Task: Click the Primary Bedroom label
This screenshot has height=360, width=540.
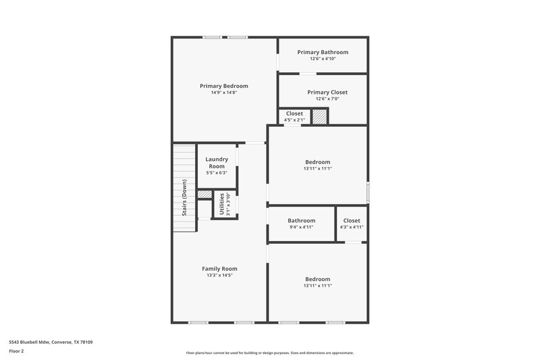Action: click(x=223, y=86)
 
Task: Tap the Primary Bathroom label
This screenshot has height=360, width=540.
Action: click(x=323, y=52)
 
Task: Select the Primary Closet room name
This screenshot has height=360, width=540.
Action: click(x=323, y=92)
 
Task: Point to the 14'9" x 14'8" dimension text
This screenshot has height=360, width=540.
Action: click(x=223, y=93)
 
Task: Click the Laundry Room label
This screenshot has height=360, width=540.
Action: click(x=217, y=163)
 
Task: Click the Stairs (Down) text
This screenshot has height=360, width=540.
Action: click(x=184, y=199)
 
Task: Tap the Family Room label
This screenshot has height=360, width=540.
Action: click(x=221, y=269)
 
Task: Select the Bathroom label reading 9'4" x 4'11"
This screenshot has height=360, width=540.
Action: click(x=301, y=221)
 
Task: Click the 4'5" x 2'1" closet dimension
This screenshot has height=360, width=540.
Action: click(x=295, y=120)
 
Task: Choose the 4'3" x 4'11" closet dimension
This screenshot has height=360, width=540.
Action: click(x=352, y=228)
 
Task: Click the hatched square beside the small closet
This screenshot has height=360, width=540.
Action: click(x=319, y=116)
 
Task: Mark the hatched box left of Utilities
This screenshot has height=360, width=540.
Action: click(x=204, y=195)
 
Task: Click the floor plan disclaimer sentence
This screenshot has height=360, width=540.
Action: click(x=269, y=353)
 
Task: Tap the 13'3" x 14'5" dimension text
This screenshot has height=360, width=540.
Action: click(x=221, y=276)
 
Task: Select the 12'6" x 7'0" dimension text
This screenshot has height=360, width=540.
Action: click(x=323, y=99)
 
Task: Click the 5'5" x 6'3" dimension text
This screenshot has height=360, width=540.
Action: click(x=217, y=173)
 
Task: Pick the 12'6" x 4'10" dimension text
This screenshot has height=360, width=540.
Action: click(x=323, y=59)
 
